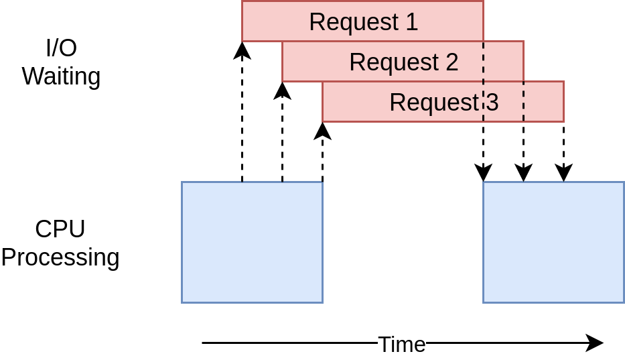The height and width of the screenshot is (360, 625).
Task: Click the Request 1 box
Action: (x=362, y=21)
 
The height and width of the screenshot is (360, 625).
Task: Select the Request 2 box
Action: (x=403, y=61)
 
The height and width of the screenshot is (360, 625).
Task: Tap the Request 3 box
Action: (x=443, y=102)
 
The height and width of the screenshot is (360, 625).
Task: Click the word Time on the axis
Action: (x=402, y=344)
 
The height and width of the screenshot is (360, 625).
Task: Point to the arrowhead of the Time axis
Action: (x=595, y=343)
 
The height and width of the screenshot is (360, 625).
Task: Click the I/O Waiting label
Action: (x=61, y=62)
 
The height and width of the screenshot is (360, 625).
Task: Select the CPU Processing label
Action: (x=60, y=243)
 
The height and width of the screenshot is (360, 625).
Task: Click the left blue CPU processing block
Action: (x=252, y=242)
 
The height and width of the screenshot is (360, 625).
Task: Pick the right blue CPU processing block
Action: (x=553, y=242)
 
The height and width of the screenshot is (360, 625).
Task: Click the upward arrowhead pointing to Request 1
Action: (x=242, y=50)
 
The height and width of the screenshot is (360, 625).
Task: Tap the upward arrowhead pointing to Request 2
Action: (x=282, y=91)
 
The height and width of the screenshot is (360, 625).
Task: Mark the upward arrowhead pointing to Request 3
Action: (x=322, y=131)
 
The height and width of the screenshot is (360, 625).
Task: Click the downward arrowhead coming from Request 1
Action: (x=483, y=172)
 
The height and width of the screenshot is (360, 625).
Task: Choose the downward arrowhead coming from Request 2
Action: (x=523, y=172)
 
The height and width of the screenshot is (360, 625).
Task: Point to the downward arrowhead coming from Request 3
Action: (x=563, y=172)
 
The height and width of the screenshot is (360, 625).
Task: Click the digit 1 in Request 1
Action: (x=411, y=22)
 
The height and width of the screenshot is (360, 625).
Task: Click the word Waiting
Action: (x=61, y=76)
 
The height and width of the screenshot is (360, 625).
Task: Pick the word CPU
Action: (x=60, y=229)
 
